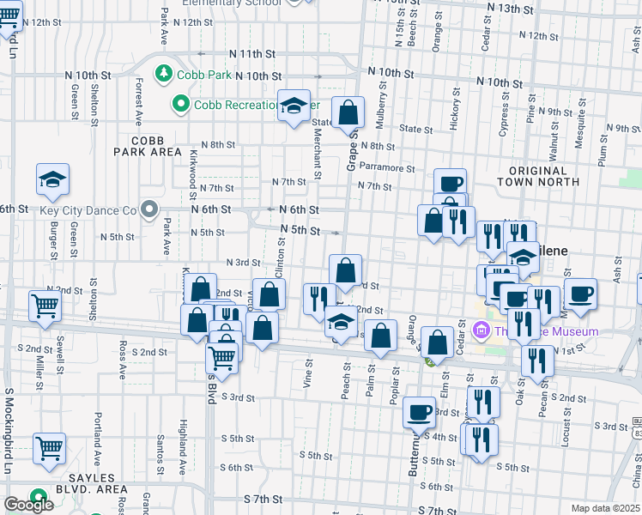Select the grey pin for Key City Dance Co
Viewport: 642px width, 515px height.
150,209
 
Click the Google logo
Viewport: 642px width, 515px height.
28,505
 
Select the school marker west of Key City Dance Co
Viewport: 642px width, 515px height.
52,180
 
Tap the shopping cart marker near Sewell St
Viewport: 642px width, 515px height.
45,306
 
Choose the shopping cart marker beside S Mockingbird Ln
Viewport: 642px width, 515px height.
50,448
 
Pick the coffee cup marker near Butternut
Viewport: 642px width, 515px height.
420,412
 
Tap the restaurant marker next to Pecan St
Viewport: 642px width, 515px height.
537,360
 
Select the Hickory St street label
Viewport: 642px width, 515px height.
454,106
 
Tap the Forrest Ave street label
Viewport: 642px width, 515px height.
138,100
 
